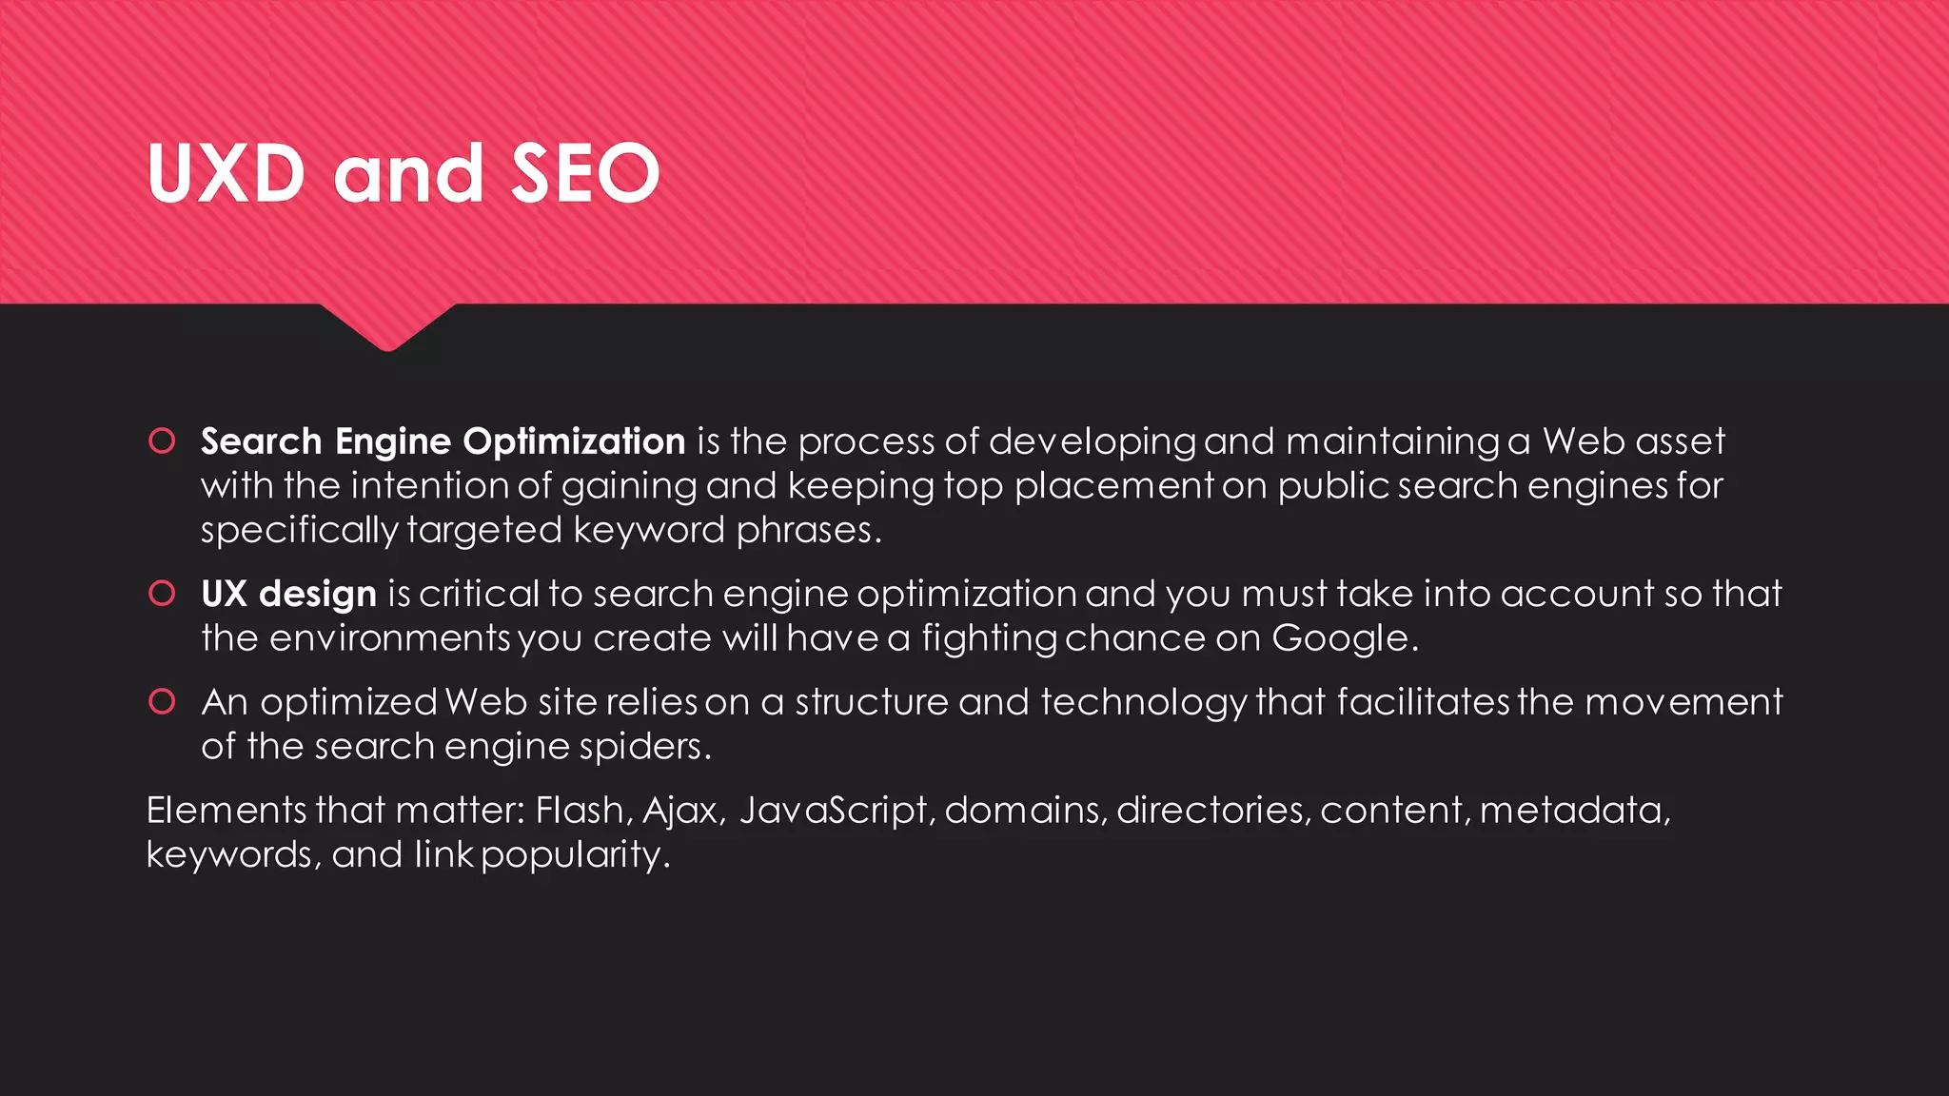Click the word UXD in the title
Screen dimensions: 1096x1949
[226, 173]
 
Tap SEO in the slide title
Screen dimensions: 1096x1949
[585, 173]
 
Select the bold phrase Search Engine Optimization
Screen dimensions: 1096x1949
[443, 441]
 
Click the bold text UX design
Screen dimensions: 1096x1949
[289, 594]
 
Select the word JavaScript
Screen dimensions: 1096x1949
[833, 811]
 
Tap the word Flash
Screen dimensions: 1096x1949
[580, 811]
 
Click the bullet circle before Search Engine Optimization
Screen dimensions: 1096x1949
[162, 440]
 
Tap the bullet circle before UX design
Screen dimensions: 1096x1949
[162, 593]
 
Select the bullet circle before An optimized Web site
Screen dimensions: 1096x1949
[162, 701]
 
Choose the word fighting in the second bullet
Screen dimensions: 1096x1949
[989, 637]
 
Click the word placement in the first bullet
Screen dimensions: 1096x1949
[1112, 486]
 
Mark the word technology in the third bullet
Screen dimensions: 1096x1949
[1143, 702]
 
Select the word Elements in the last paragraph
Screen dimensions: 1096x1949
[226, 811]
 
